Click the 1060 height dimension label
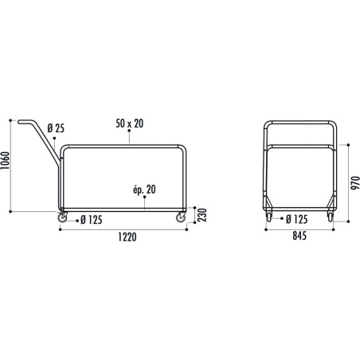pyautogui.click(x=6, y=165)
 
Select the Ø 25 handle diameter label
pyautogui.click(x=56, y=127)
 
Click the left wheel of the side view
pyautogui.click(x=63, y=217)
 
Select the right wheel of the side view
pyautogui.click(x=182, y=217)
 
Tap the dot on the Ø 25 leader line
pyautogui.click(x=54, y=139)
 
